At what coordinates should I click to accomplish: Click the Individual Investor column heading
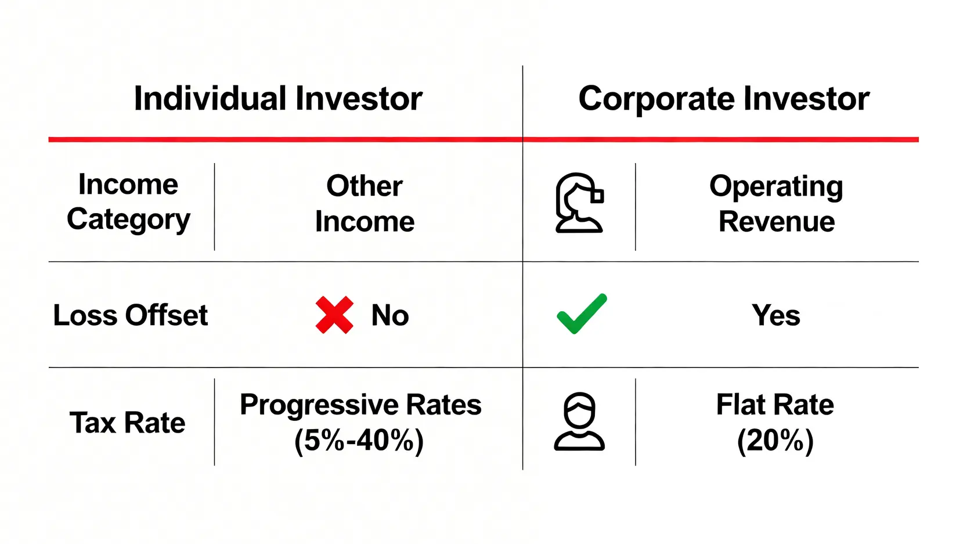(x=278, y=99)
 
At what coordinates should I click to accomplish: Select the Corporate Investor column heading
(x=724, y=99)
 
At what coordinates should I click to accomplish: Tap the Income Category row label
(x=128, y=202)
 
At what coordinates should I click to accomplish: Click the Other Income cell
(x=365, y=204)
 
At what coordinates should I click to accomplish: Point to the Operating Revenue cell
(x=776, y=204)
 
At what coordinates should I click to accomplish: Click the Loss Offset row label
(x=131, y=315)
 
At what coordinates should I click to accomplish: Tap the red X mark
(x=334, y=315)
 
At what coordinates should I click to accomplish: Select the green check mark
(x=582, y=314)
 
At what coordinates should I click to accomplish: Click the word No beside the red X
(x=390, y=315)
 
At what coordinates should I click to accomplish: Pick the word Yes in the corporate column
(x=776, y=315)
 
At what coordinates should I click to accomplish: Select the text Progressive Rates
(x=360, y=405)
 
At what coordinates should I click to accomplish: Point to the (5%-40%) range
(x=359, y=441)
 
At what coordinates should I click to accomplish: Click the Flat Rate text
(x=775, y=405)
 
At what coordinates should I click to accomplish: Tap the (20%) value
(x=775, y=441)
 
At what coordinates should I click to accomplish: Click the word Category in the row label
(x=128, y=220)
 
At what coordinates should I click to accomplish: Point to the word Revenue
(x=777, y=221)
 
